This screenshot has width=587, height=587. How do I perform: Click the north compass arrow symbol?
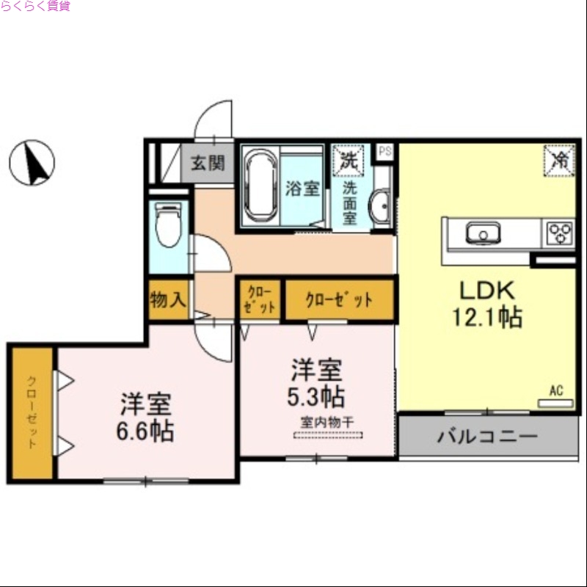click(x=32, y=162)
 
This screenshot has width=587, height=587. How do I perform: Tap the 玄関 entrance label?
click(x=208, y=164)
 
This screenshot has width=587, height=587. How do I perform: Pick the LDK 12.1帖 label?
click(x=486, y=303)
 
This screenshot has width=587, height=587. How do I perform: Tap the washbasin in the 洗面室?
click(x=382, y=208)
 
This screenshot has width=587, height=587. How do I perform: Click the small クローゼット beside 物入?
click(x=260, y=299)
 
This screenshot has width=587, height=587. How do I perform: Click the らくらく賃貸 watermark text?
click(x=36, y=7)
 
